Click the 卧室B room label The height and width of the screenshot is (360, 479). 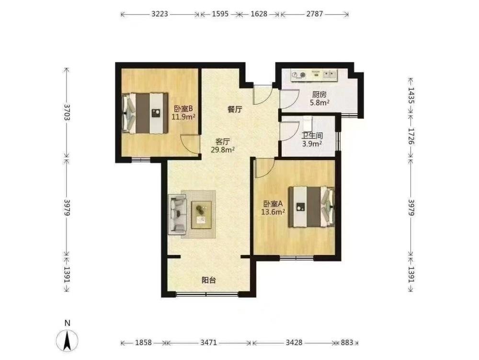pyautogui.click(x=183, y=109)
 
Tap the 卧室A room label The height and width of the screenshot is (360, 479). pyautogui.click(x=273, y=204)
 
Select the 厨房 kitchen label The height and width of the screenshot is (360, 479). pyautogui.click(x=319, y=94)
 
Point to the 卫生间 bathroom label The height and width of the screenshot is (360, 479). pyautogui.click(x=312, y=135)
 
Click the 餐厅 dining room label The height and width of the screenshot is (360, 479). pyautogui.click(x=235, y=109)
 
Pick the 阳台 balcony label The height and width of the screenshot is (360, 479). pyautogui.click(x=209, y=280)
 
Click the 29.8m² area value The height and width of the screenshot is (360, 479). pyautogui.click(x=223, y=150)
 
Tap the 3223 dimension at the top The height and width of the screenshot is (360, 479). pyautogui.click(x=160, y=14)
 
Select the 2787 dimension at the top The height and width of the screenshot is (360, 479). pyautogui.click(x=315, y=14)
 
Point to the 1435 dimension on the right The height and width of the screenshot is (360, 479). pyautogui.click(x=411, y=95)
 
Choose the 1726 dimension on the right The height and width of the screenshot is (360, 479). pyautogui.click(x=411, y=136)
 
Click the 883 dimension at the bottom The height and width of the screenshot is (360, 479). pyautogui.click(x=347, y=343)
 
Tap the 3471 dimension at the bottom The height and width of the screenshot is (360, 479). pyautogui.click(x=209, y=343)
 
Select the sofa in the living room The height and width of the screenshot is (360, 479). pyautogui.click(x=177, y=215)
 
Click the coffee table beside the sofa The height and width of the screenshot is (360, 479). pyautogui.click(x=201, y=215)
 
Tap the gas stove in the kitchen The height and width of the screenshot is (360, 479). pyautogui.click(x=298, y=75)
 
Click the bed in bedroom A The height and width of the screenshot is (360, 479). pyautogui.click(x=312, y=207)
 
